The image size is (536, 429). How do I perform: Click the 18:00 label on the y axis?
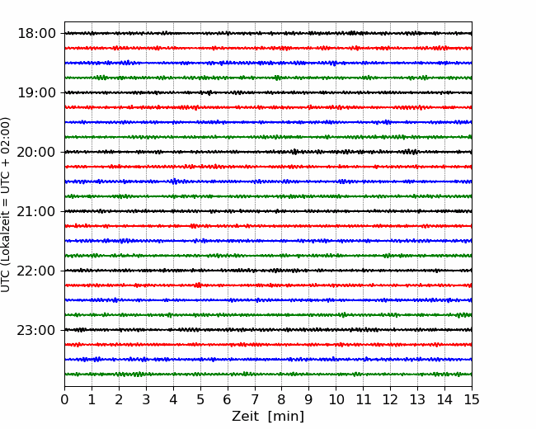point(36,34)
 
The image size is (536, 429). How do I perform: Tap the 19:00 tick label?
point(36,92)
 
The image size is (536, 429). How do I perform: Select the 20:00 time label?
point(36,152)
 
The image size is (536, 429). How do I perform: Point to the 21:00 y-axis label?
point(36,211)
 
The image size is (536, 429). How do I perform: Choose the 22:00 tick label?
point(36,271)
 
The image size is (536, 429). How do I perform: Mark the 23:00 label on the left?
point(36,330)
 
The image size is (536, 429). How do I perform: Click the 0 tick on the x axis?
point(64,399)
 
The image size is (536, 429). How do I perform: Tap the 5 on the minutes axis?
point(200,399)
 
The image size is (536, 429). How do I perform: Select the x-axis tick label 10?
point(336,399)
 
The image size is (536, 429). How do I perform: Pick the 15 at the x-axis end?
point(472,399)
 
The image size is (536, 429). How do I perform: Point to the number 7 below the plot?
point(255,399)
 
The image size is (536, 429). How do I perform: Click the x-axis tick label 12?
point(390,399)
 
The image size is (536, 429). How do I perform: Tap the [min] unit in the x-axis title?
point(286,417)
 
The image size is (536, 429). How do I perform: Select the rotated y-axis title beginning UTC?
point(6,205)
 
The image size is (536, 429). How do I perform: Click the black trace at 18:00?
point(268,33)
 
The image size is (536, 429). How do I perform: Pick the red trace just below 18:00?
point(268,48)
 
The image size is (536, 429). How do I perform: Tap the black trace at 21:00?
point(268,211)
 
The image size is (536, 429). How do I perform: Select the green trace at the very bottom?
point(268,375)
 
